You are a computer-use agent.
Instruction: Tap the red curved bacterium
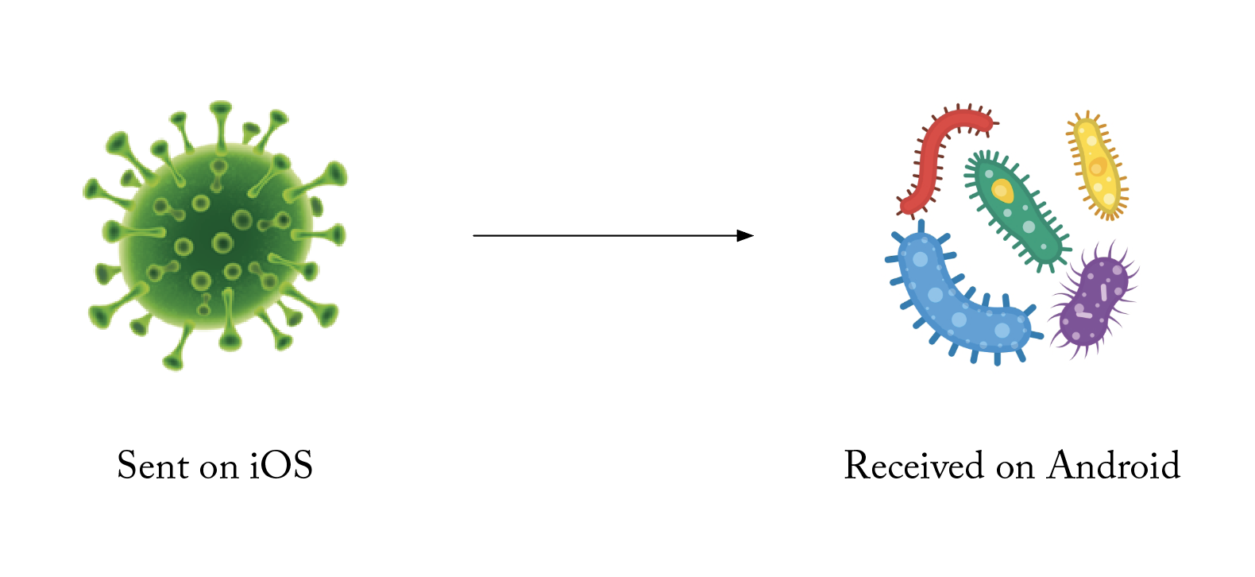coord(933,155)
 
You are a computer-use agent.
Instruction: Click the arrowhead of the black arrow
coord(745,235)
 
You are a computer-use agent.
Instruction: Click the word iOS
coord(281,466)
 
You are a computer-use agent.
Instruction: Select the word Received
coord(913,466)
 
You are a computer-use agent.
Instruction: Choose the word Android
coord(1114,466)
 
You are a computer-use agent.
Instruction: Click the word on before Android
coord(1015,468)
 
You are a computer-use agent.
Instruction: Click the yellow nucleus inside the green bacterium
coord(1002,191)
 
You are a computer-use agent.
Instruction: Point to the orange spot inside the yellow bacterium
coord(1097,168)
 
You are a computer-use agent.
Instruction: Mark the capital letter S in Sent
coord(125,466)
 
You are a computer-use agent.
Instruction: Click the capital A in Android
coord(1061,466)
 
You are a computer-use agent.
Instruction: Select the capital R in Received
coord(856,466)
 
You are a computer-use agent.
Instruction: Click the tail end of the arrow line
coord(475,235)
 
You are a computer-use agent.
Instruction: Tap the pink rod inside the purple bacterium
coord(1103,292)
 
